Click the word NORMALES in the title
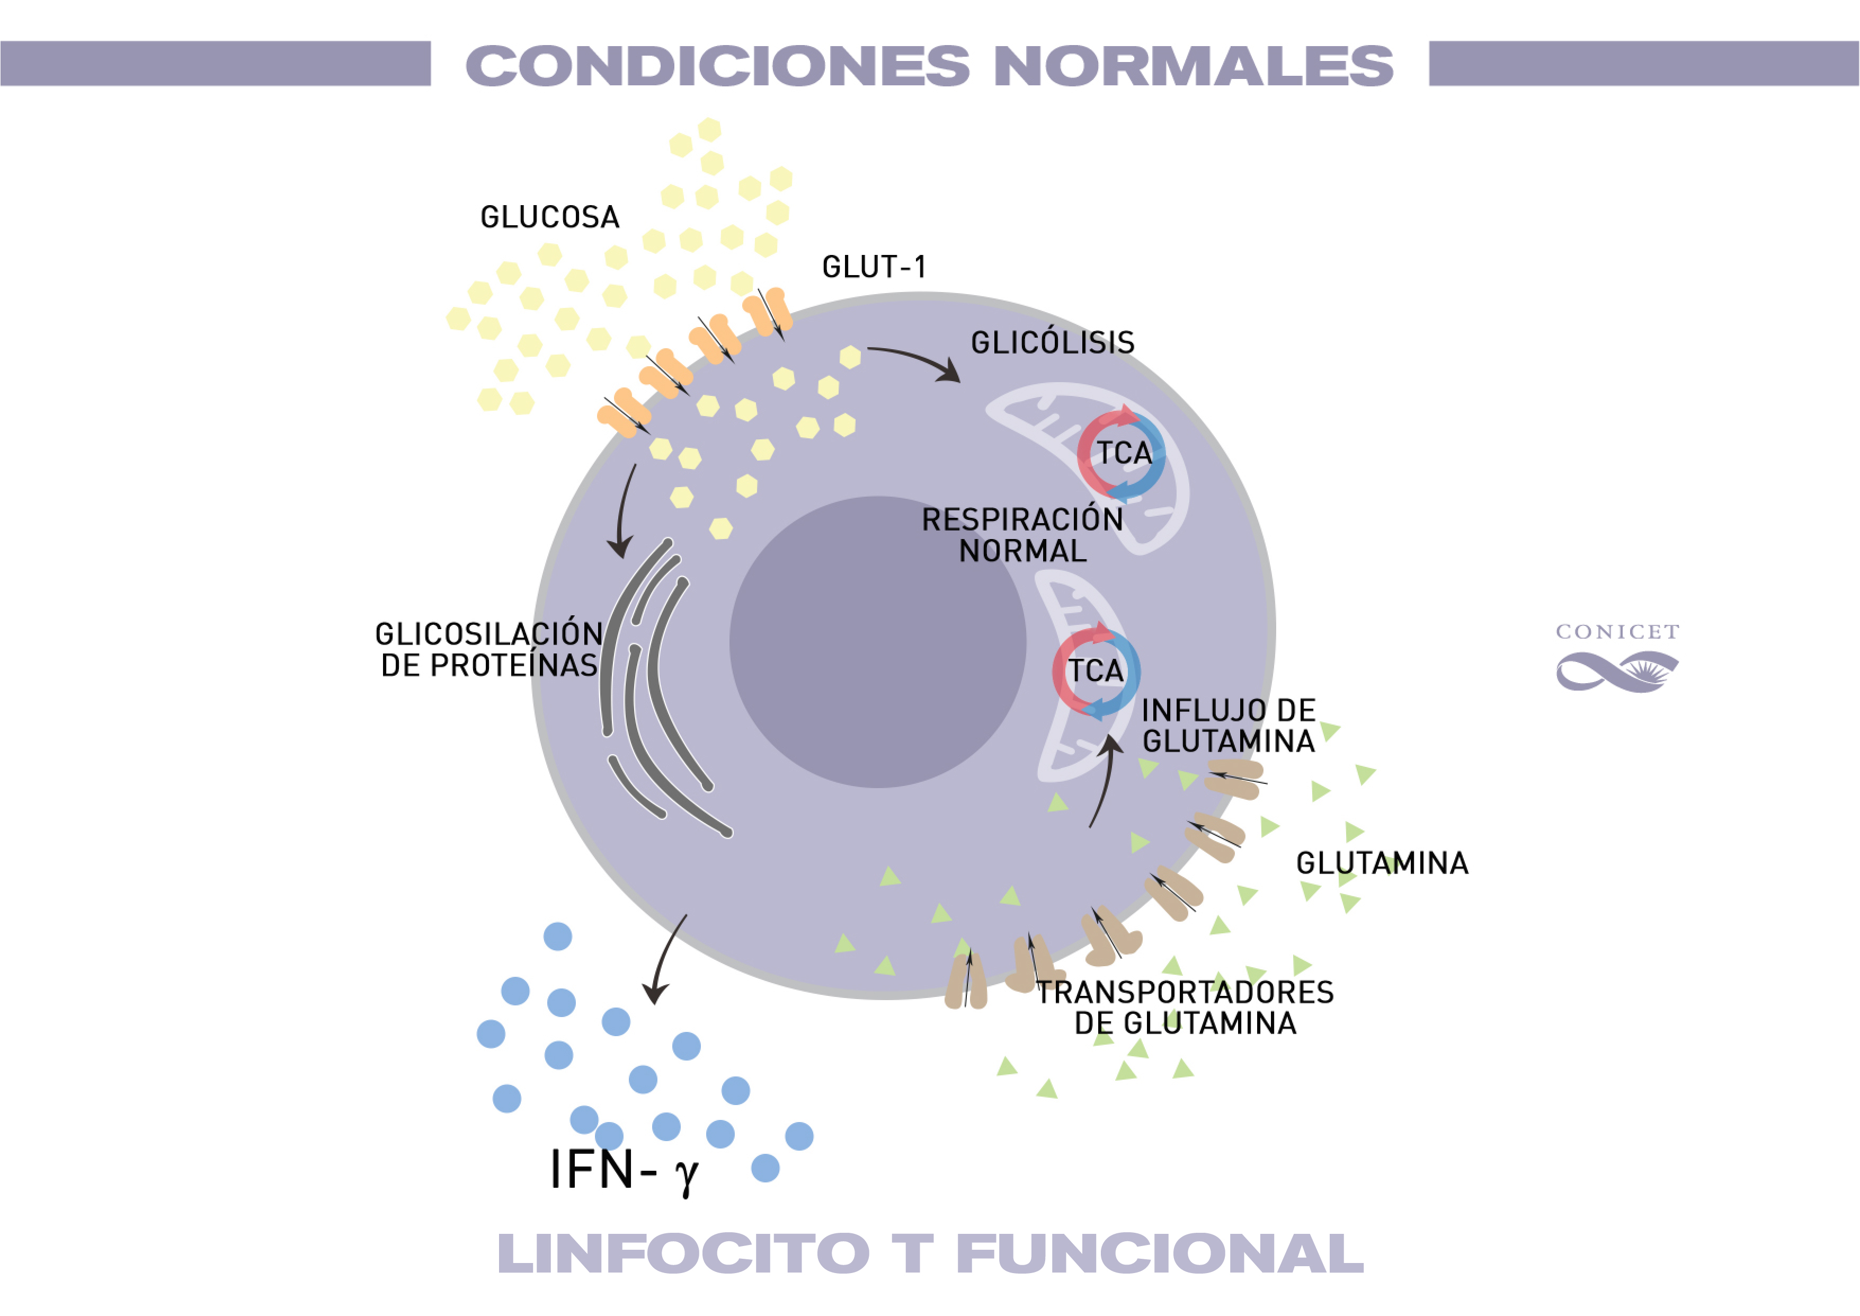tap(1192, 66)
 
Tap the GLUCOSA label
tap(549, 217)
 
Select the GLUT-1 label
tap(873, 267)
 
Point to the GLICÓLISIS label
tap(1052, 343)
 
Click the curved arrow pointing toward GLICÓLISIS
tap(915, 360)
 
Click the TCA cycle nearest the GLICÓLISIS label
tap(1122, 453)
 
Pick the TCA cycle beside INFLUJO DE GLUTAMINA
tap(1096, 671)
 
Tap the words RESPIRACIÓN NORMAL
tap(1022, 535)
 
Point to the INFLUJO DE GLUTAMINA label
tap(1228, 726)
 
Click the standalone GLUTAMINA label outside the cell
tap(1382, 863)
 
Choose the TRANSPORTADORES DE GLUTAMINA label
tap(1185, 1007)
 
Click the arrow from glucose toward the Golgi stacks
tap(624, 510)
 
